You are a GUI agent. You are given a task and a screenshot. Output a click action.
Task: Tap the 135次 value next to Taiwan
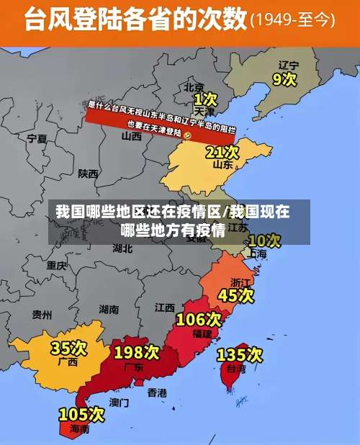pyautogui.click(x=240, y=354)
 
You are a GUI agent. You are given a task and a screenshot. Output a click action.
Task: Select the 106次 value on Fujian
pyautogui.click(x=199, y=318)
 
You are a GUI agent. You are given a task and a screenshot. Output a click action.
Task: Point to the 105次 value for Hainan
pyautogui.click(x=81, y=414)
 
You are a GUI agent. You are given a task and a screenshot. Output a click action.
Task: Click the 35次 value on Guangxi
pyautogui.click(x=69, y=349)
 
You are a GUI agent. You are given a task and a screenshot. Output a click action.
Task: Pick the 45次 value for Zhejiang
pyautogui.click(x=236, y=295)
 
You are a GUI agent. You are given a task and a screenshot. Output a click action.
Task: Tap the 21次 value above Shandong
pyautogui.click(x=222, y=152)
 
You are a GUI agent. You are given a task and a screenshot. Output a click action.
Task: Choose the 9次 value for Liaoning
pyautogui.click(x=283, y=78)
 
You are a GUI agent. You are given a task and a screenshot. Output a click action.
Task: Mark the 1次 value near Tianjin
pyautogui.click(x=205, y=98)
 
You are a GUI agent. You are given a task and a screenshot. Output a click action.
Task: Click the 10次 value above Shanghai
pyautogui.click(x=264, y=240)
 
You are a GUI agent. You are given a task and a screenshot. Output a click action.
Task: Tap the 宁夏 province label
pyautogui.click(x=37, y=138)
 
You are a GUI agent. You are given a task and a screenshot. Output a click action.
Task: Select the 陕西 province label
pyautogui.click(x=89, y=174)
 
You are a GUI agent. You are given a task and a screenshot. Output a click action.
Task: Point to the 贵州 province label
pyautogui.click(x=42, y=314)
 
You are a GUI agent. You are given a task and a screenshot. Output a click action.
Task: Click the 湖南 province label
pyautogui.click(x=109, y=310)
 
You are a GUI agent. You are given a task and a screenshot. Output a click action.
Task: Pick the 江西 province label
pyautogui.click(x=165, y=307)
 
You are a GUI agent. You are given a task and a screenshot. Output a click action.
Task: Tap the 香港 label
pyautogui.click(x=157, y=392)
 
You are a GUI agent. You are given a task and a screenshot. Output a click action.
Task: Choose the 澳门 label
pyautogui.click(x=119, y=402)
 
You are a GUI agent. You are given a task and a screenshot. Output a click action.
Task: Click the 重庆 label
pyautogui.click(x=57, y=265)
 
